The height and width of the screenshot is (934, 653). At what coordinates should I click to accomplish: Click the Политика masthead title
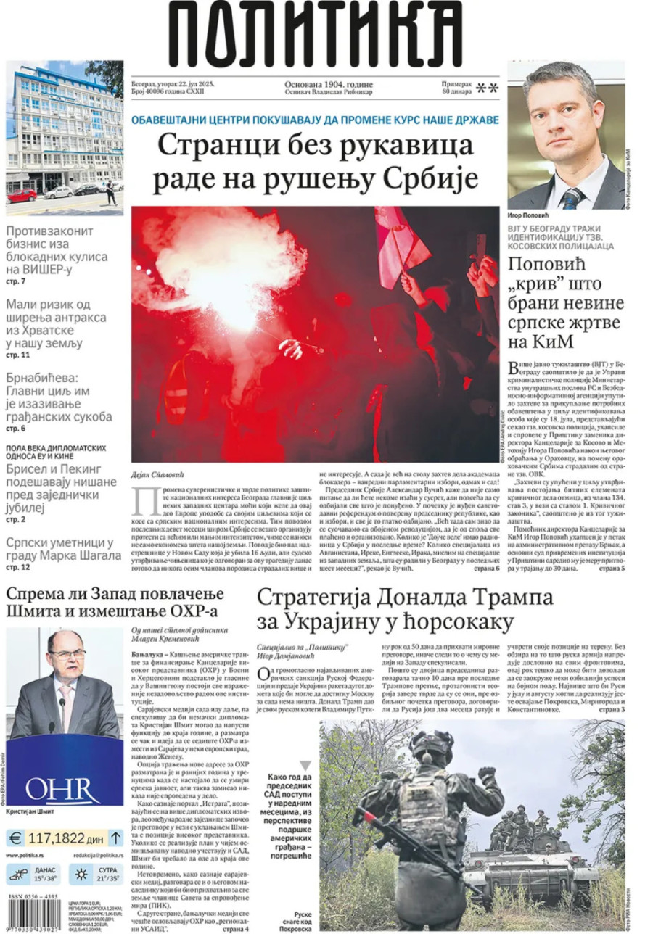coord(316,32)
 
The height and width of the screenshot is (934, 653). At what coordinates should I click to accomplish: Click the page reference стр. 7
coord(16,281)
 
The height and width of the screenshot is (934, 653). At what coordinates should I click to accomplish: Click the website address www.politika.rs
coord(28,856)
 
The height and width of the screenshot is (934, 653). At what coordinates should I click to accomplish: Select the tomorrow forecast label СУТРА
coord(108,869)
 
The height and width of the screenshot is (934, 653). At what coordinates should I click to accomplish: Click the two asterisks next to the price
coord(487,88)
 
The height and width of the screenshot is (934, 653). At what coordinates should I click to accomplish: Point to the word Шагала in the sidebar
coord(94,555)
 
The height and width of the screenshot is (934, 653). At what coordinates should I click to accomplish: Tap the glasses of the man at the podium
coord(67,654)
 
